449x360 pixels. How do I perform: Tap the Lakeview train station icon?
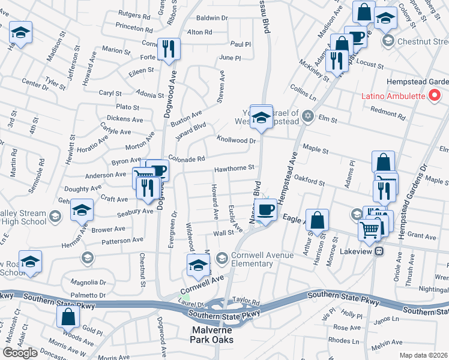point(379,251)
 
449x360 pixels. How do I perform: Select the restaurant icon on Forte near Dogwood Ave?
point(168,50)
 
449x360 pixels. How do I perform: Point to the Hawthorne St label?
point(235,169)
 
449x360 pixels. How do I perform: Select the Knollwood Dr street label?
point(237,140)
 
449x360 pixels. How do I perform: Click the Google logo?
point(20,352)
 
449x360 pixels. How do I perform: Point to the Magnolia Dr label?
point(88,281)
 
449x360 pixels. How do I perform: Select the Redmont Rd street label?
point(390,110)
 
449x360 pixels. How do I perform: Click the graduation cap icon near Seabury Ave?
point(82,211)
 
